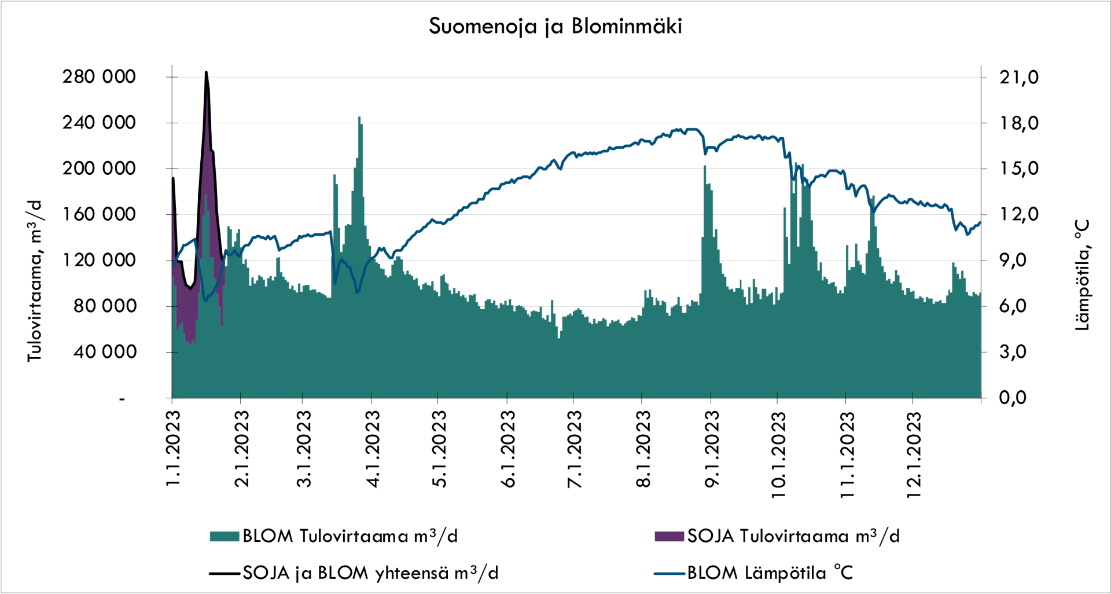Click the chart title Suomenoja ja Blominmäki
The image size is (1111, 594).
(x=555, y=27)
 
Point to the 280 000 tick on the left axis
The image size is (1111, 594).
(x=99, y=77)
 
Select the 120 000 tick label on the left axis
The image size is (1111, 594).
(x=99, y=260)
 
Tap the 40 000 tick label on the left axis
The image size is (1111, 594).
(x=105, y=351)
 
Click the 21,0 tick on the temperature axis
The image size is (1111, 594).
(x=1018, y=77)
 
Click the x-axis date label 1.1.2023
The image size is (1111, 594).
(x=173, y=449)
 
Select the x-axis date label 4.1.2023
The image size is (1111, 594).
(x=373, y=449)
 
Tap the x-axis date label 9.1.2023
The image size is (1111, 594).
(x=712, y=449)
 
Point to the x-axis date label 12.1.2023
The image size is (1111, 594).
(x=914, y=454)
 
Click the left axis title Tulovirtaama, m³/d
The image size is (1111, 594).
(x=35, y=281)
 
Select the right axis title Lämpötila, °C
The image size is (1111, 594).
(x=1082, y=275)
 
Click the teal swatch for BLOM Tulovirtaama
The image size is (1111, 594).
(x=225, y=536)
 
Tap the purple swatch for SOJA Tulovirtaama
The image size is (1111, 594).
(x=669, y=536)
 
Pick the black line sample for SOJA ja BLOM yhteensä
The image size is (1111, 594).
(x=225, y=573)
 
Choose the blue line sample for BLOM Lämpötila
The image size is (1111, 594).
(x=669, y=573)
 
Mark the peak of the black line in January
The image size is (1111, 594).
(x=206, y=72)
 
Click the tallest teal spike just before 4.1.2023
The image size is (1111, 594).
(x=359, y=118)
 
